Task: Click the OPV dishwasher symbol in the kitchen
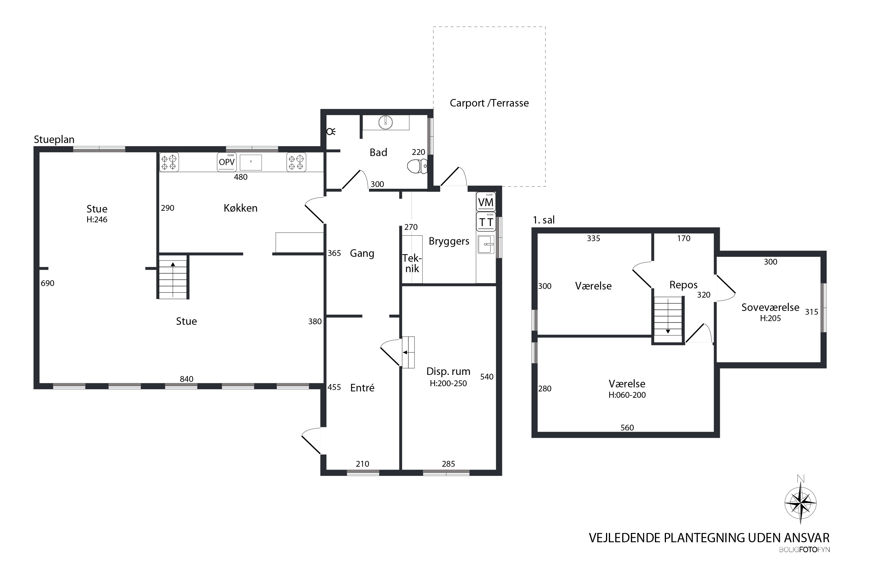(227, 162)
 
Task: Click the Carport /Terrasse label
(489, 103)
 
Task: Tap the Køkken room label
(240, 208)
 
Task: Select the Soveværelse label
(770, 307)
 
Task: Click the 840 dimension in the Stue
(187, 379)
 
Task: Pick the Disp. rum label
(448, 371)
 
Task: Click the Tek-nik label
(412, 263)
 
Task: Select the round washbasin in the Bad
(385, 122)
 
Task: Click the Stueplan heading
(54, 140)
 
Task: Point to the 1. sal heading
(543, 220)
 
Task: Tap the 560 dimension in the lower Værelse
(627, 428)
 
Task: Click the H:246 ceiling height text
(97, 220)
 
